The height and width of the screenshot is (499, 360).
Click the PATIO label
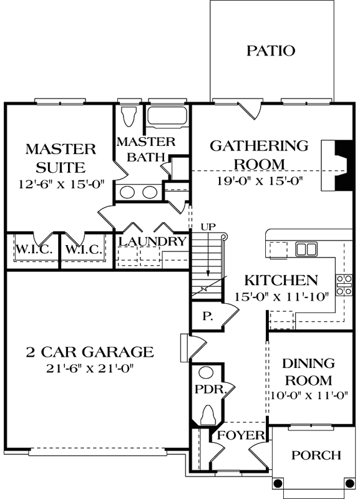(x=270, y=51)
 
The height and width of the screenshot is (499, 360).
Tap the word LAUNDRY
(x=152, y=241)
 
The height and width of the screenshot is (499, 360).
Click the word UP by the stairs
(x=208, y=226)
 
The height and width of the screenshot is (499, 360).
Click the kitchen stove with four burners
(x=344, y=284)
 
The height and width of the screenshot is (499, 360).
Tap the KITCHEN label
(x=281, y=280)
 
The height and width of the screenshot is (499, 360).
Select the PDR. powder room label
(x=206, y=389)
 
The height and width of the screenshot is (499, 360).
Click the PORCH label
(x=316, y=455)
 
